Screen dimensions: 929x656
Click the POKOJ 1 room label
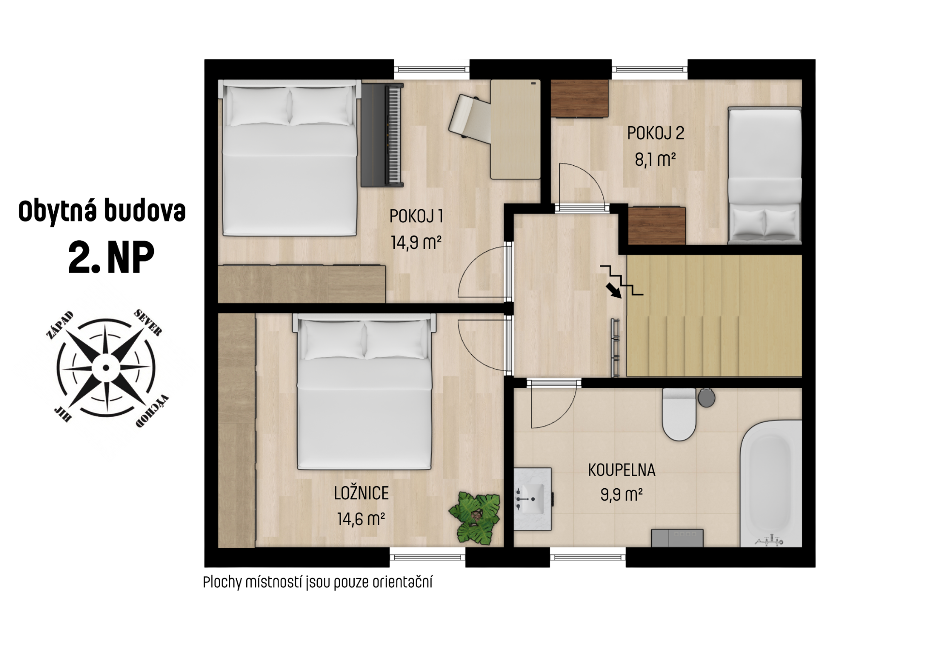pos(416,216)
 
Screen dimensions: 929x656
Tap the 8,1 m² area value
pos(655,159)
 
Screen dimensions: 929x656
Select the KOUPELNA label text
pos(622,470)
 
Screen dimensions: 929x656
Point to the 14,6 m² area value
pos(361,519)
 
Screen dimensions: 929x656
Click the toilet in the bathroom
pos(679,414)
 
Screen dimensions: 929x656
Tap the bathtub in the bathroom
pos(771,483)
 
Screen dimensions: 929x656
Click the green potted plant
pos(475,517)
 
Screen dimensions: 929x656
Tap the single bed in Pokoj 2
pos(764,175)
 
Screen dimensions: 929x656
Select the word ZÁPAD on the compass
pos(60,325)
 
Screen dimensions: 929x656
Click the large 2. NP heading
pos(111,258)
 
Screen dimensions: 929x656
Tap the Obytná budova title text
pos(102,211)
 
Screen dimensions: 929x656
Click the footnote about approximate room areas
pos(317,582)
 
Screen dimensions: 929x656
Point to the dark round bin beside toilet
pos(706,397)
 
